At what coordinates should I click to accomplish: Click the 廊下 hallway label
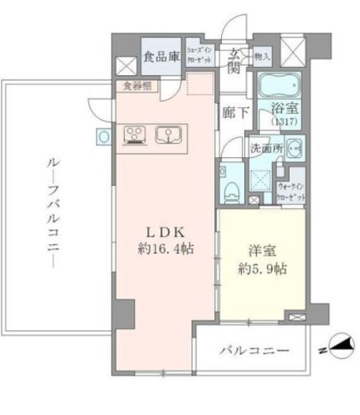click(x=232, y=113)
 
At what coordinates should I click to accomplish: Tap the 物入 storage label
click(x=263, y=57)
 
